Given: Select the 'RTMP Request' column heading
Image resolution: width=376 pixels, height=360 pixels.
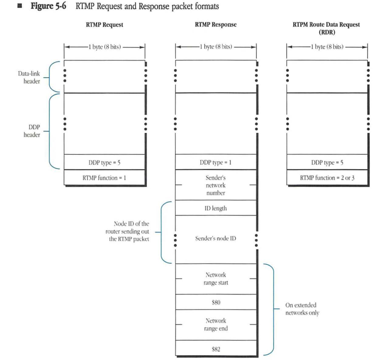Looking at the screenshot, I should (104, 25).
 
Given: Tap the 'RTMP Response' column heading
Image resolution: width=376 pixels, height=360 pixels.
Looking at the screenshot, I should (216, 25).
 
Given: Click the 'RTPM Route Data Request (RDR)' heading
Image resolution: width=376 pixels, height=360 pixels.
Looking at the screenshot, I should (326, 28).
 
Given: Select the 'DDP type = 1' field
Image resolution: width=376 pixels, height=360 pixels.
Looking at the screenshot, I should (216, 162).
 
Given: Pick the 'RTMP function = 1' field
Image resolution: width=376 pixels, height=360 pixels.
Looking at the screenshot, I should (104, 178).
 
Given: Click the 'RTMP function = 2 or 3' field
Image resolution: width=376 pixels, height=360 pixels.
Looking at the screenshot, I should (327, 178).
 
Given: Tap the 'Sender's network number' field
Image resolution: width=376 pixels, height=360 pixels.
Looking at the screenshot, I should (216, 185).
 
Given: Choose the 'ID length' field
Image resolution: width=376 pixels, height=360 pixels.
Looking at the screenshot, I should (216, 208).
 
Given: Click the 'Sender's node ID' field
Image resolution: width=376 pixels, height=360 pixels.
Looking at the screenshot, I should (216, 239).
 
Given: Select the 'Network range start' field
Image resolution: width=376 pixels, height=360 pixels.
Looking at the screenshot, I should (216, 279).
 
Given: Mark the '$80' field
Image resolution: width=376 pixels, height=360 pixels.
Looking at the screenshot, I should (216, 302).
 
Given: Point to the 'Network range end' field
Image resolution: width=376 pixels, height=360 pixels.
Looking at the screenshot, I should (216, 325).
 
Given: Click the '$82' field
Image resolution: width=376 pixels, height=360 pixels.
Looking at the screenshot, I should (216, 348).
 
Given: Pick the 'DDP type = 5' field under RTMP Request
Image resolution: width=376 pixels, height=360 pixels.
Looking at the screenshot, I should (104, 162).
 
